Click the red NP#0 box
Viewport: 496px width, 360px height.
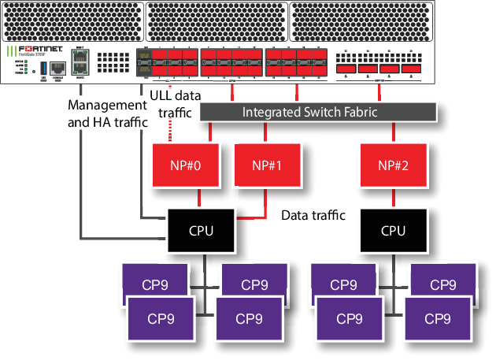tap(180, 166)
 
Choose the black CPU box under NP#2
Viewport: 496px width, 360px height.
tap(393, 231)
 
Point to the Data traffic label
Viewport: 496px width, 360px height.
tap(313, 214)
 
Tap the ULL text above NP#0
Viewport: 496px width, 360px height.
tap(161, 96)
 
